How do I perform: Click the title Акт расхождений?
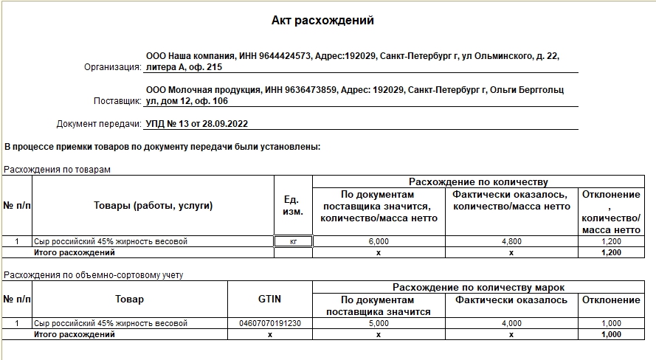[x=322, y=21]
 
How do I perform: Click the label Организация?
[x=112, y=67]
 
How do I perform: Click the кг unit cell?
[x=293, y=241]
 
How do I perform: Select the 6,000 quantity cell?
[x=379, y=241]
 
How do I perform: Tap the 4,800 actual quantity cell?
[x=511, y=241]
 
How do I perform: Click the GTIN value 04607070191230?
[x=269, y=323]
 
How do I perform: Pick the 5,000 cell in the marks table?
[x=378, y=323]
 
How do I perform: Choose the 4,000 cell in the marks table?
[x=511, y=323]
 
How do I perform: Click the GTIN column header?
[x=269, y=300]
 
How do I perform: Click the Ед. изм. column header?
[x=293, y=206]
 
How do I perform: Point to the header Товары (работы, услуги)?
[x=153, y=206]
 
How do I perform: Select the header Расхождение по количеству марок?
[x=478, y=287]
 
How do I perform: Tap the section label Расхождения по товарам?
[x=57, y=170]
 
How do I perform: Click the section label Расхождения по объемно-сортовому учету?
[x=93, y=275]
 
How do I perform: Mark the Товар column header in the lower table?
[x=129, y=300]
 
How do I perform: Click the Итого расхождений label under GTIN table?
[x=75, y=334]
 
